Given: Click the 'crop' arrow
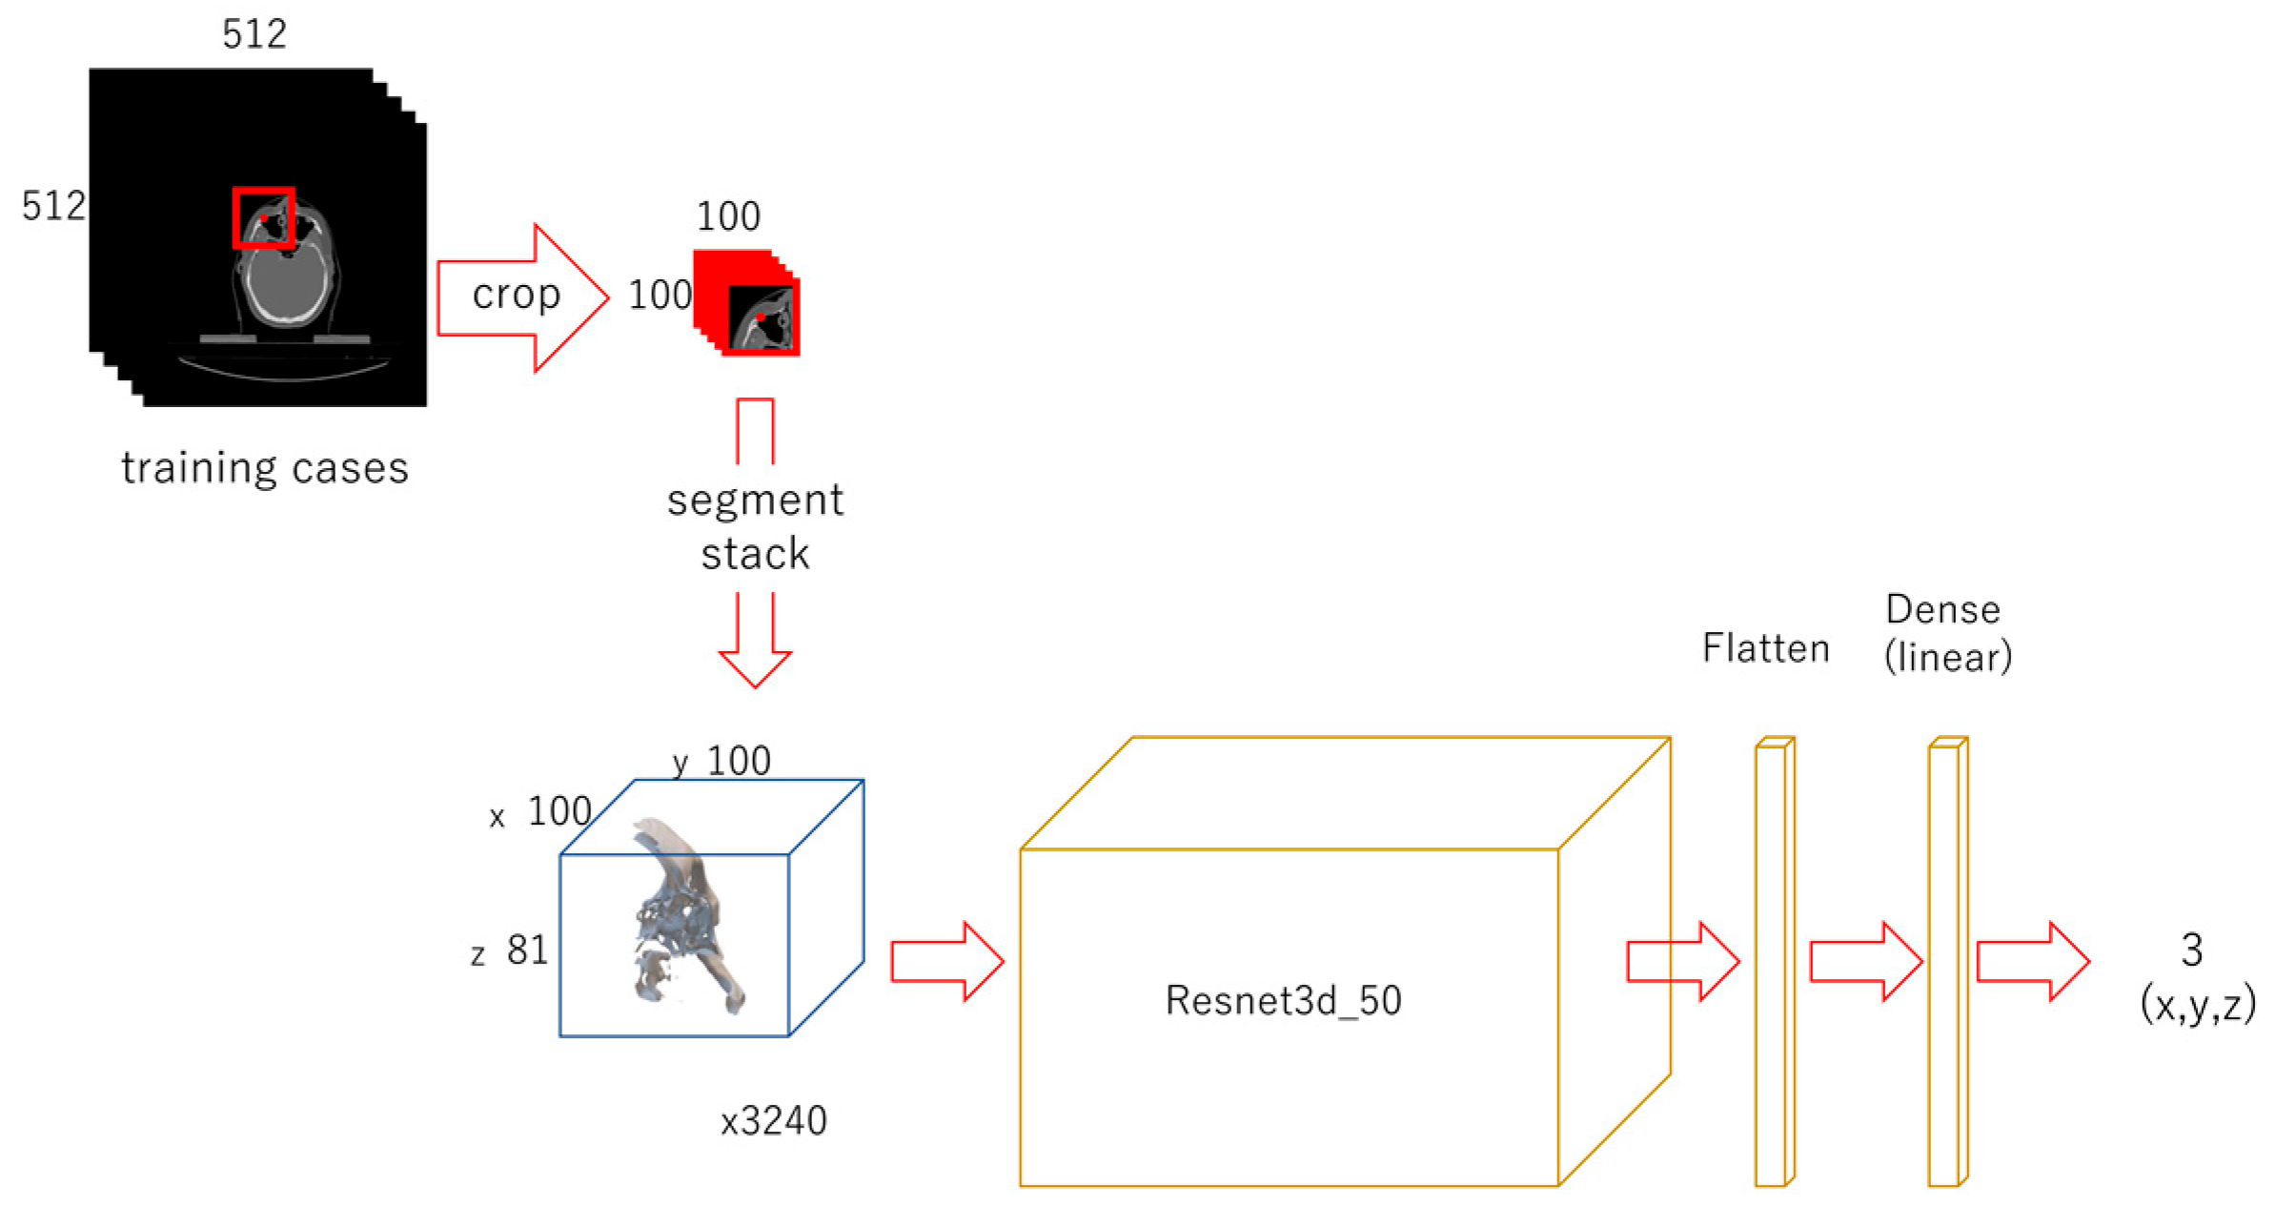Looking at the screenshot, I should pyautogui.click(x=519, y=296).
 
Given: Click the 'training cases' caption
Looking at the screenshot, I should pyautogui.click(x=265, y=468).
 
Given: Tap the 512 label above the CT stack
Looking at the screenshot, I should pyautogui.click(x=254, y=35).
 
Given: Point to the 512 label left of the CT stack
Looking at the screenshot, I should pyautogui.click(x=53, y=206).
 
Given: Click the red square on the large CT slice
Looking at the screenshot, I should pyautogui.click(x=264, y=217).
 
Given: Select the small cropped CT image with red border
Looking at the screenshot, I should pyautogui.click(x=762, y=318).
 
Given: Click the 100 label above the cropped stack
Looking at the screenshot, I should pyautogui.click(x=728, y=216).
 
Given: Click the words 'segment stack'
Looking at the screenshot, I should pyautogui.click(x=755, y=526).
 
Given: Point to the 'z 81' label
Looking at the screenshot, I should pyautogui.click(x=511, y=950).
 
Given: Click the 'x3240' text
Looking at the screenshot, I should pyautogui.click(x=773, y=1121).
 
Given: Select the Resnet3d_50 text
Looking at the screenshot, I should pyautogui.click(x=1283, y=1000).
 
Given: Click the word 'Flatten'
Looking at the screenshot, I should pyautogui.click(x=1765, y=648).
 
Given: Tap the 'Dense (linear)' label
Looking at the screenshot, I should pyautogui.click(x=1946, y=633).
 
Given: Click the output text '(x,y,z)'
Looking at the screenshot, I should pyautogui.click(x=2198, y=1004).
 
